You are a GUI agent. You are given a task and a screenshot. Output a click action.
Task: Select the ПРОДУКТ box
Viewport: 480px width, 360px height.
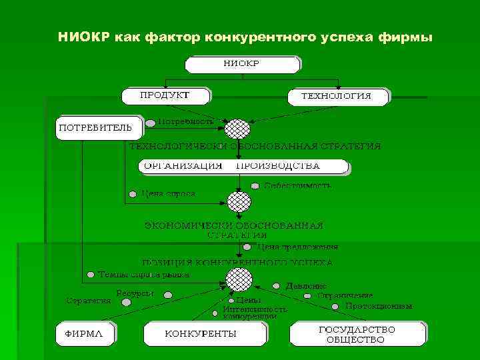(x=164, y=95)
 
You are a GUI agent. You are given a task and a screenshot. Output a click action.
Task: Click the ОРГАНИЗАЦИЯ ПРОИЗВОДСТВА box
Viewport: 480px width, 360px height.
(x=243, y=166)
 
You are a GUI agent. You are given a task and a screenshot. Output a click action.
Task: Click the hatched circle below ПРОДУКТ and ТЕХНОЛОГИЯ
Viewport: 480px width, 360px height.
(x=237, y=128)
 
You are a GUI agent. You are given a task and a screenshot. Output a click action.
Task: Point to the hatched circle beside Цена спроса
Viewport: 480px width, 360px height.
(x=238, y=201)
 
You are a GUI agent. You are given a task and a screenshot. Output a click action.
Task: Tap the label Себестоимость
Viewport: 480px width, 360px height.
(x=297, y=185)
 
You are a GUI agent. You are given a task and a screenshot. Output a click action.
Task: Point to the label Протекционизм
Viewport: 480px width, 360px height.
(x=379, y=306)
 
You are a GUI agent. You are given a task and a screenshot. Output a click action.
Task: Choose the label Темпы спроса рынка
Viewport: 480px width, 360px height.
(x=143, y=274)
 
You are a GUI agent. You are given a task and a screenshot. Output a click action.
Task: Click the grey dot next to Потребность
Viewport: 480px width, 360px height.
(x=151, y=122)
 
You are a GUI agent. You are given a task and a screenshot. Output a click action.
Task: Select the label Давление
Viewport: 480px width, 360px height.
(x=306, y=285)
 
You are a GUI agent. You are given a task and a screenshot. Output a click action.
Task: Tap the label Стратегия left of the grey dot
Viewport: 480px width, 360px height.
(x=89, y=301)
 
